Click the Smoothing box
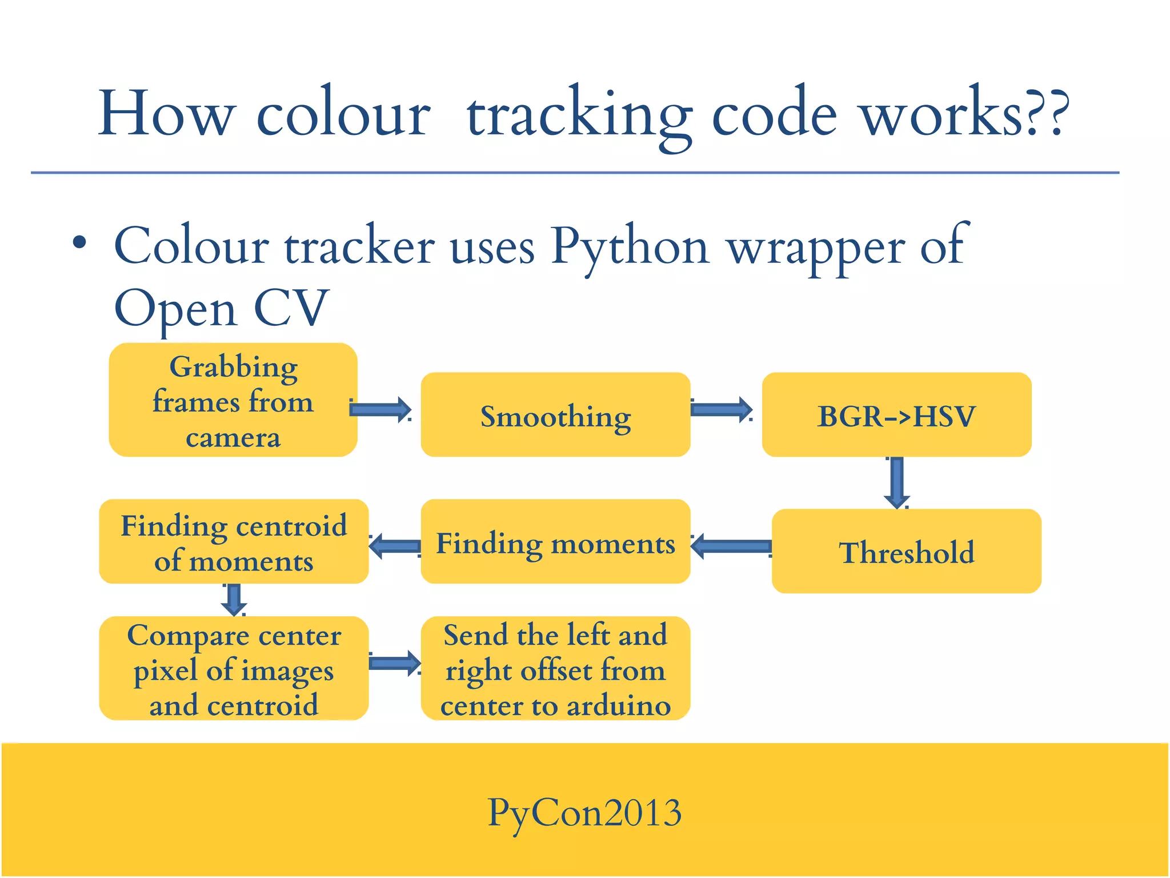click(x=555, y=414)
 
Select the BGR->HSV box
click(x=896, y=414)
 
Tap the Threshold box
click(x=906, y=551)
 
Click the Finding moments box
click(x=555, y=541)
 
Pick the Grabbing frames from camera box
click(x=233, y=400)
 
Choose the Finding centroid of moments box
click(x=234, y=541)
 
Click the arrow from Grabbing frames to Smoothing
click(x=380, y=409)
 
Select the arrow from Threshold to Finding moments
click(x=731, y=546)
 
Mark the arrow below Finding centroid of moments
click(x=234, y=599)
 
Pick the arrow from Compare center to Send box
click(x=395, y=663)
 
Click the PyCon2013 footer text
click(x=584, y=812)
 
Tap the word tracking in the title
click(x=579, y=114)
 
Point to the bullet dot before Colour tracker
click(x=80, y=243)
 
